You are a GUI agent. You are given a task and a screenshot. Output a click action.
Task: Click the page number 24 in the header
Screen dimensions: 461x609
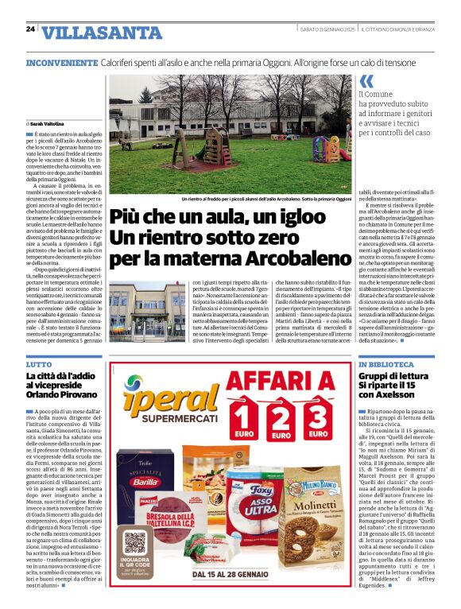(30, 29)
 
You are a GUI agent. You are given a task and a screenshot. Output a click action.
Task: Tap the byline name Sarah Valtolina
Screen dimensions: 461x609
(48, 124)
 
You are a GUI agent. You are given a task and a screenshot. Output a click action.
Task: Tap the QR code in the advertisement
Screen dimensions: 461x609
(136, 544)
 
